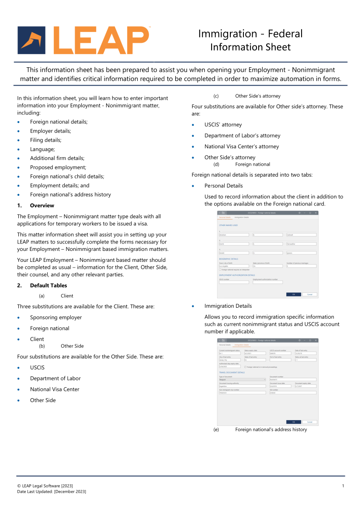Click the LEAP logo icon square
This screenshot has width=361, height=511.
[x=31, y=40]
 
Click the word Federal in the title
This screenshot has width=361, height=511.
[x=285, y=34]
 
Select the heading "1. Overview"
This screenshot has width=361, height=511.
[x=42, y=205]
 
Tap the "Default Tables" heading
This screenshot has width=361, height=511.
[x=49, y=285]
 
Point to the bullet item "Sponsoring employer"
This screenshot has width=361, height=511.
[x=56, y=317]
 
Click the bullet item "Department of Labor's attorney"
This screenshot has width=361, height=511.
[x=242, y=136]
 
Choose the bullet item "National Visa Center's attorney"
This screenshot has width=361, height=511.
[x=241, y=146]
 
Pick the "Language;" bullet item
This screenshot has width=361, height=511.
[x=42, y=149]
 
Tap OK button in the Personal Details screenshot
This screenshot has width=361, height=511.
[x=294, y=294]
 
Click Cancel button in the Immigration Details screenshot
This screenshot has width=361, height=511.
[x=309, y=422]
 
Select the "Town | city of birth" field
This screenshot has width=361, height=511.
[x=234, y=266]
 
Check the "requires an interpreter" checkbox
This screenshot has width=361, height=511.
[x=220, y=270]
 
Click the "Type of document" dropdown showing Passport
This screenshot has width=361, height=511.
[x=242, y=379]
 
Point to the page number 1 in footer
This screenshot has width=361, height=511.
[x=343, y=486]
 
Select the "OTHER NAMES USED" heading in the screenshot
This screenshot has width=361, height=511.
[x=229, y=225]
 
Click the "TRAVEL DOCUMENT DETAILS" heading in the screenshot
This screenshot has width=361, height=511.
[x=232, y=372]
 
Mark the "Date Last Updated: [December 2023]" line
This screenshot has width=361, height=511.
[x=52, y=492]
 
